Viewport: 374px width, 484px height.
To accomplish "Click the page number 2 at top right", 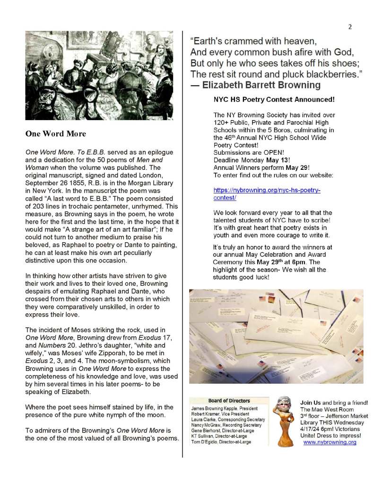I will click(350, 27).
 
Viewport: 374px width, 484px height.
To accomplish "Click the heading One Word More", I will click(55, 134).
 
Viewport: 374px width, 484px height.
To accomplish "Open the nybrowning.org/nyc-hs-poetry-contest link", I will click(267, 194).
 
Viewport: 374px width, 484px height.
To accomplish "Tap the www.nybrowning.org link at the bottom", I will click(330, 442).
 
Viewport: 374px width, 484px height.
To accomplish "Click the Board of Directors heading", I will click(228, 401).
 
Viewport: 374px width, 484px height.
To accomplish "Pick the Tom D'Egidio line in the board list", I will click(220, 442).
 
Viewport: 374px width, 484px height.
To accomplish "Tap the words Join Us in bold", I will click(311, 402).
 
